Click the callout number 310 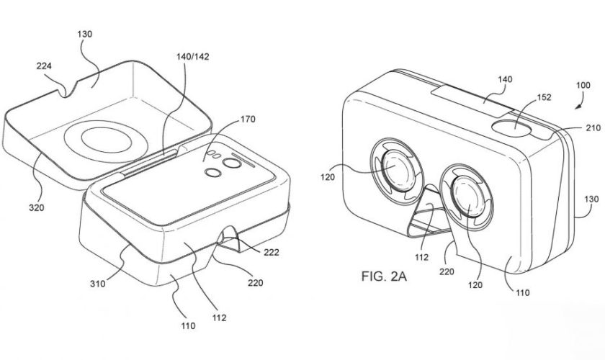99,283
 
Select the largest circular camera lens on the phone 233,165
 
